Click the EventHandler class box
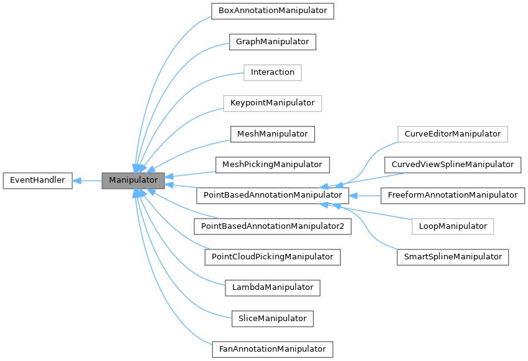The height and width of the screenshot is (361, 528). click(x=37, y=181)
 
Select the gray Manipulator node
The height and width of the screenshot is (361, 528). click(x=133, y=181)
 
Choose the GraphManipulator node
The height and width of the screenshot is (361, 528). click(x=272, y=42)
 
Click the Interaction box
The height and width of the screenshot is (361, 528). click(x=272, y=72)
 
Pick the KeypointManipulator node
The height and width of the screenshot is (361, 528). click(x=272, y=103)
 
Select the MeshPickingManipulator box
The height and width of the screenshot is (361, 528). click(x=272, y=165)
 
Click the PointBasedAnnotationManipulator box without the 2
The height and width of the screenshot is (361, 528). click(x=272, y=195)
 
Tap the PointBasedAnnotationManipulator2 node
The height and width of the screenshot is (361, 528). click(x=272, y=226)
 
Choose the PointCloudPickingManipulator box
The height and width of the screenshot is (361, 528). click(x=272, y=257)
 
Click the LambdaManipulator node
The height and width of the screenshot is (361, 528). click(x=272, y=287)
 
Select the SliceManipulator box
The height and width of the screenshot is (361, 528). click(x=272, y=319)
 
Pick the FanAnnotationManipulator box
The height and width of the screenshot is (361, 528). click(x=272, y=349)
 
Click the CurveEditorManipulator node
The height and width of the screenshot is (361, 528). click(x=452, y=134)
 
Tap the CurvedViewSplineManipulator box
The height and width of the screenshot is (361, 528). click(x=452, y=165)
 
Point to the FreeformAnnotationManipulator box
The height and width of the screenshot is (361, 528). click(x=452, y=195)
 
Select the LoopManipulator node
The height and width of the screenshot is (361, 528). click(x=452, y=226)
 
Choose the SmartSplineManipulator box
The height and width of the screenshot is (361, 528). click(x=452, y=257)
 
